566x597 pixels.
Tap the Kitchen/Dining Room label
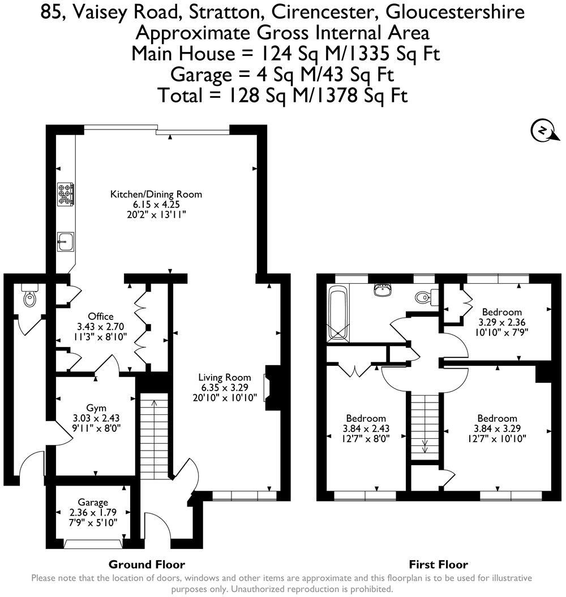point(156,194)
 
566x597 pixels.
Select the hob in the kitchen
point(65,193)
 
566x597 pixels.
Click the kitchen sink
point(65,241)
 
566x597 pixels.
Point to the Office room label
point(101,316)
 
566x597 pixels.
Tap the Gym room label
point(96,408)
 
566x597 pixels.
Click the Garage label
point(93,503)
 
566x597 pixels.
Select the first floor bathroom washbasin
point(383,290)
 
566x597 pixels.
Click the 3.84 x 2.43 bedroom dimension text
point(366,429)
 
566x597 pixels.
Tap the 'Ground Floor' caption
point(147,564)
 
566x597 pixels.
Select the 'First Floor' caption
point(438,564)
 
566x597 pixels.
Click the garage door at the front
point(93,544)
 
